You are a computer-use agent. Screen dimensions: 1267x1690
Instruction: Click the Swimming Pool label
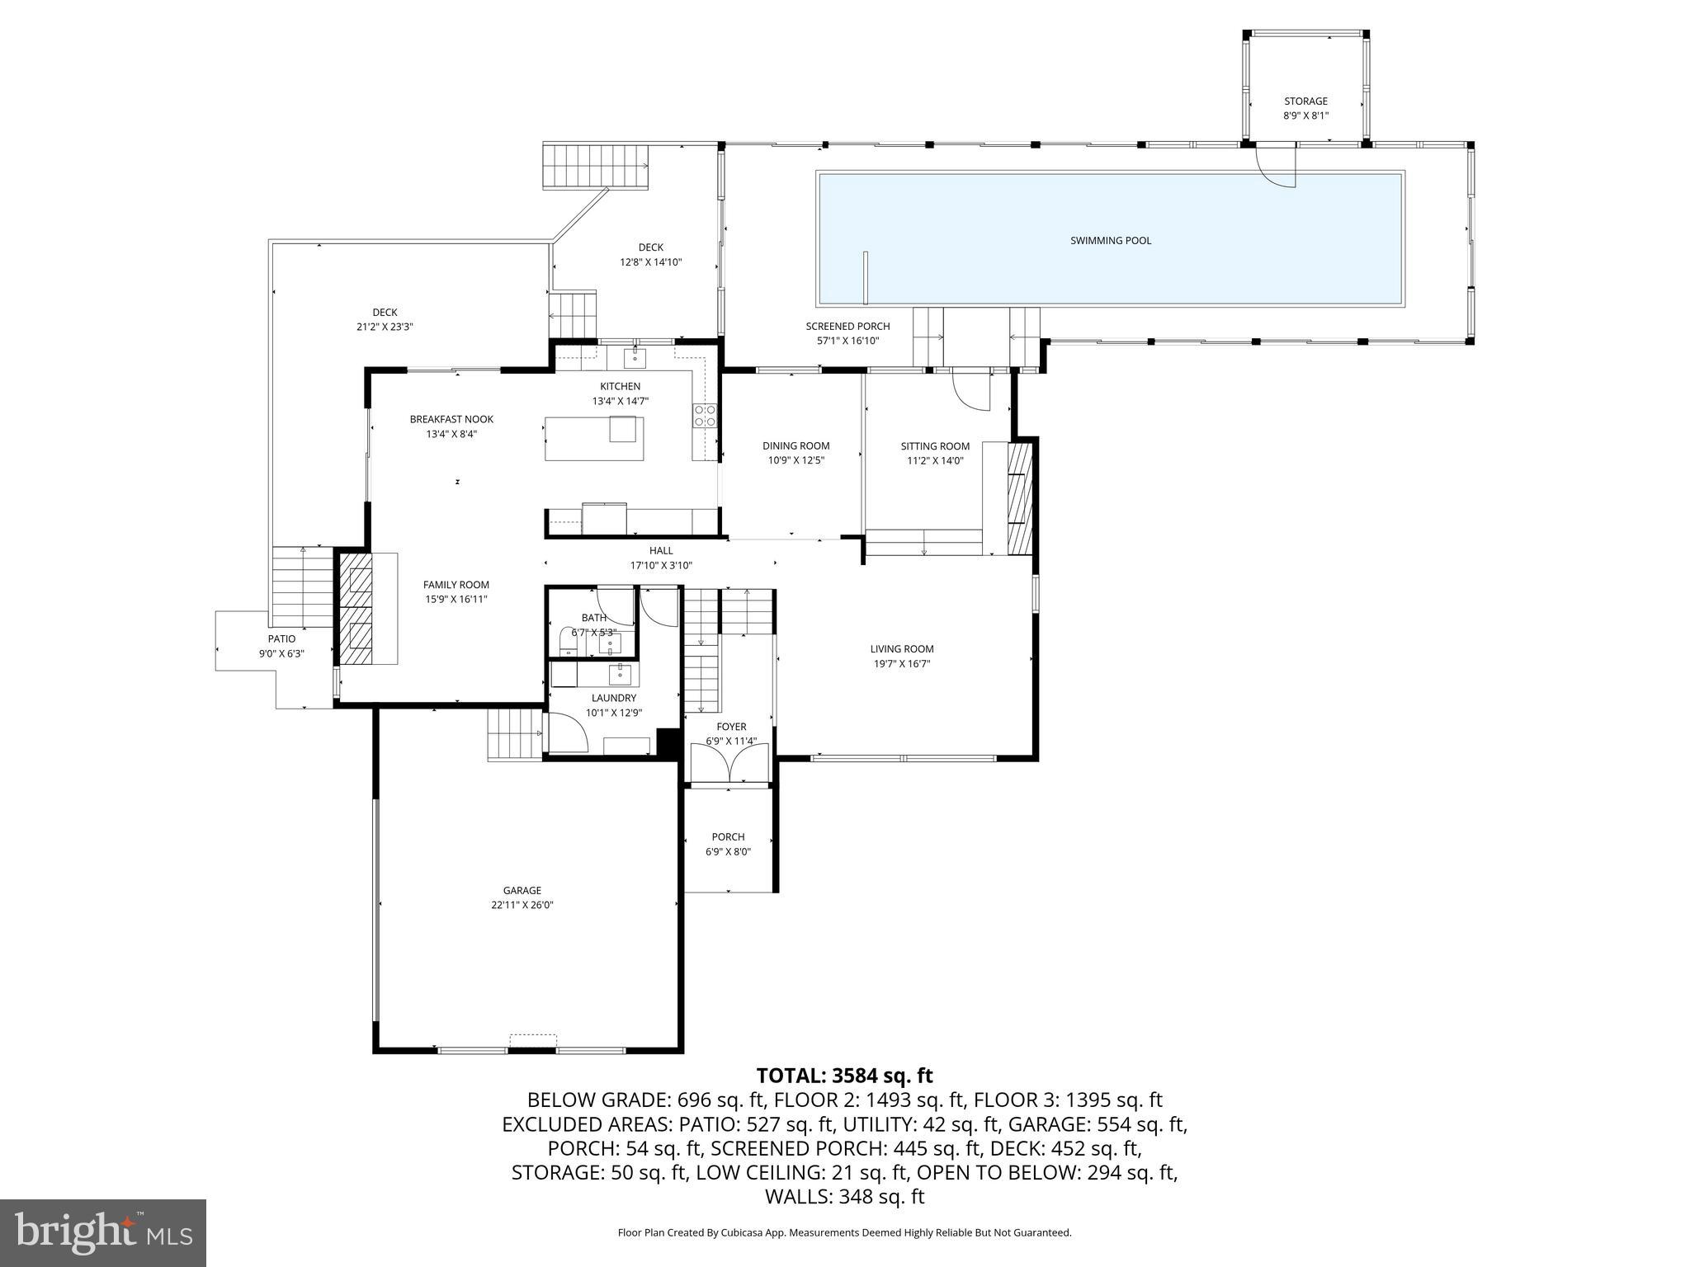point(1110,241)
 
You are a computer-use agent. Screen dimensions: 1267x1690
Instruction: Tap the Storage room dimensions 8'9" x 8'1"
point(1305,116)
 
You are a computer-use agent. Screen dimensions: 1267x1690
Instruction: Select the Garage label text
point(522,890)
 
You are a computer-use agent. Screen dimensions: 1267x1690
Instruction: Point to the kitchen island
point(593,439)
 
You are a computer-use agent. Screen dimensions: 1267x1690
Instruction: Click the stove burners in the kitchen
point(704,416)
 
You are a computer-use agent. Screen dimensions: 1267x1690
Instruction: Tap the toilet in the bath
point(568,641)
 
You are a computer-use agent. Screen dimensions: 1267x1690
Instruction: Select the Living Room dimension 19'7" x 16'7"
point(901,664)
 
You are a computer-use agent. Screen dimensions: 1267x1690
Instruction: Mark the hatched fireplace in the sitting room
point(1021,499)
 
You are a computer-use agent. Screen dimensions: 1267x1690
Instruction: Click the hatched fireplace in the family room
point(356,609)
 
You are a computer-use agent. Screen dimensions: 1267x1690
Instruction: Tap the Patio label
point(281,638)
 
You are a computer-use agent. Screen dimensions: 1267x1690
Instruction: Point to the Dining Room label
point(795,446)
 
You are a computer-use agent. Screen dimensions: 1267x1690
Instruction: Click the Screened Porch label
point(847,327)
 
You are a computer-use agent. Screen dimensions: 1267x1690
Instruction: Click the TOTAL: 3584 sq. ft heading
point(844,1076)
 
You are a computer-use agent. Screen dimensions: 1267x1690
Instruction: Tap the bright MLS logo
point(103,1233)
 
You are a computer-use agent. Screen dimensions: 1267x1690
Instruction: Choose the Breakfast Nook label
point(451,419)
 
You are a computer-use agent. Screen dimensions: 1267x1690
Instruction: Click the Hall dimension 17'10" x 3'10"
point(660,566)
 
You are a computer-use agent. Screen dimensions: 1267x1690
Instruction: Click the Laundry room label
point(613,698)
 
